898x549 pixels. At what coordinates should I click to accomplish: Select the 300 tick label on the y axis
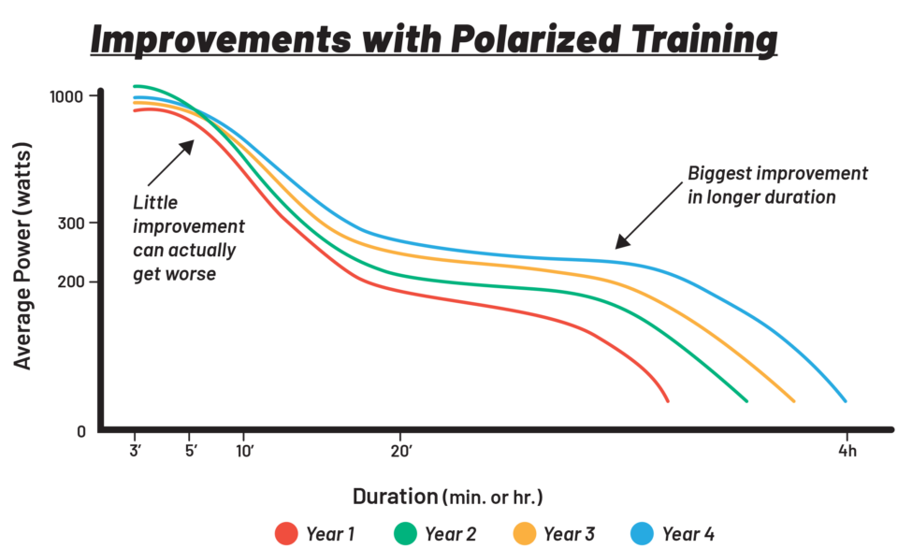[x=72, y=223]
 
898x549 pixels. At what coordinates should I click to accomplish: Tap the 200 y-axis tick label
[x=72, y=282]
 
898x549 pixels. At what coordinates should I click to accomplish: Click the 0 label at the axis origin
[x=81, y=431]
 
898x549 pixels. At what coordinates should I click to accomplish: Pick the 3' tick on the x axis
[x=135, y=450]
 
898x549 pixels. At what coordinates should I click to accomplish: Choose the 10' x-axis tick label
[x=245, y=450]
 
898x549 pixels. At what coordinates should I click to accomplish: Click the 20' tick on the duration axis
[x=401, y=450]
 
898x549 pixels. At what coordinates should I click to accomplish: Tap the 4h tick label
[x=847, y=450]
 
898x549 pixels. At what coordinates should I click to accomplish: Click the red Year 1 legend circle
[x=286, y=534]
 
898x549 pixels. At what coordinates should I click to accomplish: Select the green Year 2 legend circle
[x=404, y=534]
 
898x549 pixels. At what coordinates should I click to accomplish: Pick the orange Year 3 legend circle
[x=525, y=534]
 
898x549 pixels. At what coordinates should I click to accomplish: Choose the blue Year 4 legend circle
[x=643, y=534]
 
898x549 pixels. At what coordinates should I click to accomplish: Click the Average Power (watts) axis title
[x=23, y=254]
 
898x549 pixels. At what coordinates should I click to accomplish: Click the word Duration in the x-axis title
[x=394, y=496]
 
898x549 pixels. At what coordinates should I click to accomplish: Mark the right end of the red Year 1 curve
[x=667, y=400]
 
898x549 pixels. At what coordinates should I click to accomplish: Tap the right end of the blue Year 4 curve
[x=845, y=400]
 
